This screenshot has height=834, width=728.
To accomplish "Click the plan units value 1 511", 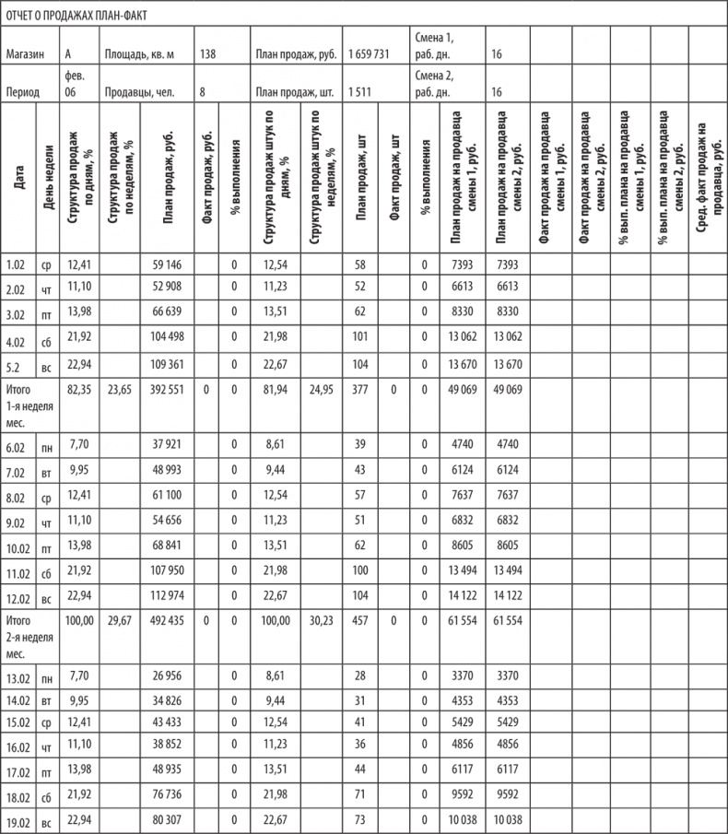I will tap(359, 93).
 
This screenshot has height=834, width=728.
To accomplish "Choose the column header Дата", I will tap(19, 179).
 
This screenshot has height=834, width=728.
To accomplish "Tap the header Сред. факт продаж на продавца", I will tap(707, 179).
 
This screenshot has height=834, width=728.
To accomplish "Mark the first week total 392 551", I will tap(167, 390).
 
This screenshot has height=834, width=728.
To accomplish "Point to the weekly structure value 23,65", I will tap(120, 390).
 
